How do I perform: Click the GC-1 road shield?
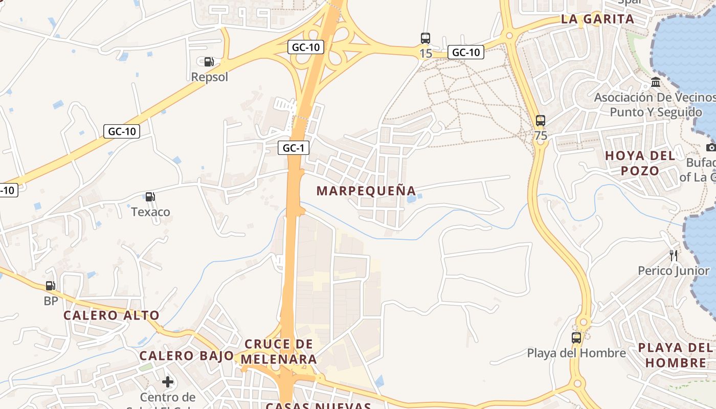click(x=294, y=148)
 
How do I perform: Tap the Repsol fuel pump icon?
click(x=209, y=62)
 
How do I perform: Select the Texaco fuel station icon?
click(x=150, y=196)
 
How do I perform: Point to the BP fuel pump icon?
click(x=50, y=286)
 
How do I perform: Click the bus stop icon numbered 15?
click(x=426, y=38)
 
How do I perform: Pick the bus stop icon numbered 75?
click(x=541, y=121)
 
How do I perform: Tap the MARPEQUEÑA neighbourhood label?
click(x=366, y=191)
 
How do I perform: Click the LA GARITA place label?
click(x=597, y=19)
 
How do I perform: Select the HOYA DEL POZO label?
click(x=640, y=163)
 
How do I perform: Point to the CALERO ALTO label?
click(x=111, y=315)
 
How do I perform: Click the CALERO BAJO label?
click(x=187, y=356)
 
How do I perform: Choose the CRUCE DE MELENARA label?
click(x=279, y=351)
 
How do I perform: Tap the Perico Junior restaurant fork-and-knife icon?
click(x=674, y=255)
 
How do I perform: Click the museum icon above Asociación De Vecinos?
click(x=656, y=82)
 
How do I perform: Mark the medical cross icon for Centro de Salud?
click(x=168, y=382)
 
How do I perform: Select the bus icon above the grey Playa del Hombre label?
click(x=576, y=337)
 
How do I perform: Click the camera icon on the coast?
click(x=711, y=147)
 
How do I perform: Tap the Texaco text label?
click(x=150, y=212)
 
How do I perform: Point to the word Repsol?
click(x=209, y=77)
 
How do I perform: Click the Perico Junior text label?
click(x=673, y=270)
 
